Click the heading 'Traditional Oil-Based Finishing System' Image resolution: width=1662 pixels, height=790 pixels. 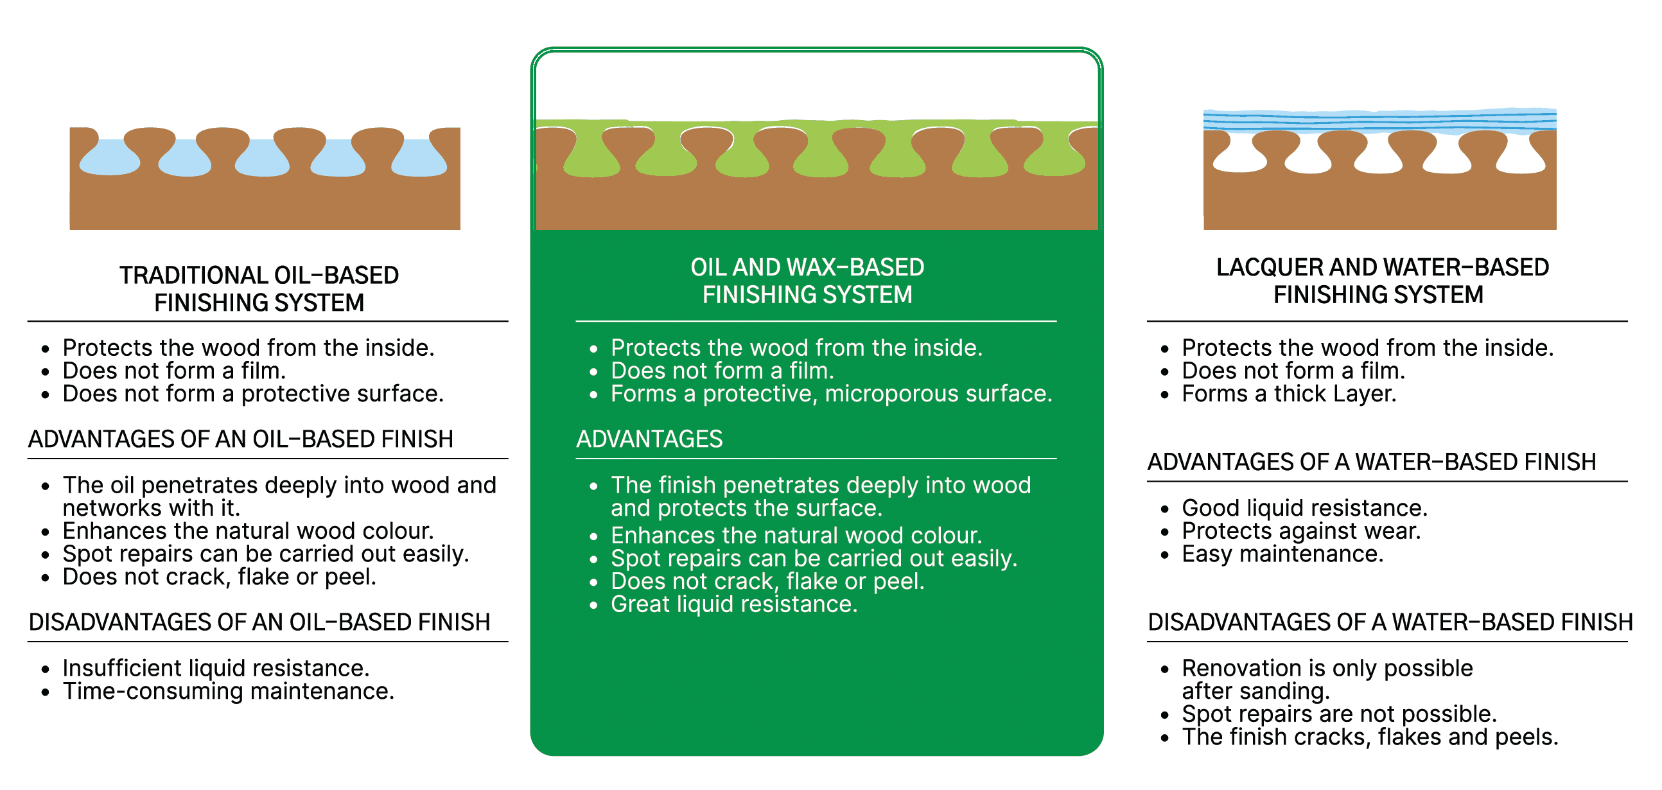pos(259,288)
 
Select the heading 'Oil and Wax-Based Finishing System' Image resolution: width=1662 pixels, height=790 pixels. pos(807,281)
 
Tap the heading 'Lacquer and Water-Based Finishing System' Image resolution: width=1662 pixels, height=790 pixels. pos(1382,281)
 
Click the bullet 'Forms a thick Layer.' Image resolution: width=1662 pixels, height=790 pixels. pos(1288,394)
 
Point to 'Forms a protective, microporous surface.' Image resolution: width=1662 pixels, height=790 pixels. pos(831,394)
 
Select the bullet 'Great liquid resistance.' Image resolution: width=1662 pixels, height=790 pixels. pos(733,604)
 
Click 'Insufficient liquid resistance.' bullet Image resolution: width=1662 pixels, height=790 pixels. pos(216,668)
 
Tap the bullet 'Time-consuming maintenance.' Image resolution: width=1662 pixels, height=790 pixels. pos(228,691)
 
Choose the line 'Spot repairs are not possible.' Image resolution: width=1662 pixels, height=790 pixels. pos(1339,714)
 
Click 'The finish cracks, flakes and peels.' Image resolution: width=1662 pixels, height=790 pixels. pos(1369,737)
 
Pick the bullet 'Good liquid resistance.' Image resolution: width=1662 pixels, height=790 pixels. pos(1304,508)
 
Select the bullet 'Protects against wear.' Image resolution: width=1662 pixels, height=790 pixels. pos(1300,531)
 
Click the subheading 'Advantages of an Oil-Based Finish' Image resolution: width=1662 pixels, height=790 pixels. pos(241,439)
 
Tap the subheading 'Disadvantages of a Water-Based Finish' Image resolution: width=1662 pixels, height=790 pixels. pos(1390,622)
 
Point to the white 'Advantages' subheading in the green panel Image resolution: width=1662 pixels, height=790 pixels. pos(649,439)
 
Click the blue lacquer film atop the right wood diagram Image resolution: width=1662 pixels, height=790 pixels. pos(1379,121)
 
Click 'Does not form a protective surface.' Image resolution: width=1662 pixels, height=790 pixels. pos(253,394)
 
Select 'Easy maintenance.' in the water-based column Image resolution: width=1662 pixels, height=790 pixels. pos(1282,554)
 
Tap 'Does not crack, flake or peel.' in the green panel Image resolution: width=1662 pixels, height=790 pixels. pos(767,581)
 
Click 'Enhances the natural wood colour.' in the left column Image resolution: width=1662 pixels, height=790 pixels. pos(248,531)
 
